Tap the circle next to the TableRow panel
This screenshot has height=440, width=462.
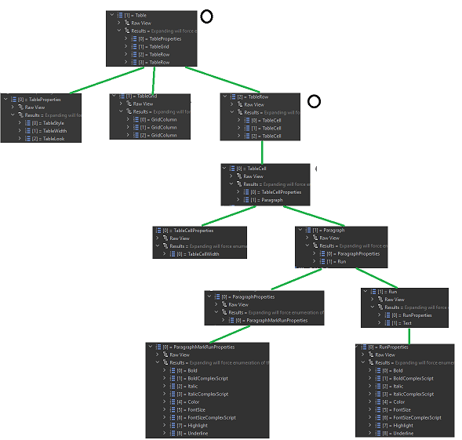click(x=314, y=101)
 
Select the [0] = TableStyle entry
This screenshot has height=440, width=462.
click(x=53, y=123)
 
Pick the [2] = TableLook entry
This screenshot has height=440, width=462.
click(x=53, y=139)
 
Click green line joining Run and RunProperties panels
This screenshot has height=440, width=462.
click(x=409, y=334)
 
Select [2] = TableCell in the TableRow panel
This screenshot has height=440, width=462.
click(x=271, y=136)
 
